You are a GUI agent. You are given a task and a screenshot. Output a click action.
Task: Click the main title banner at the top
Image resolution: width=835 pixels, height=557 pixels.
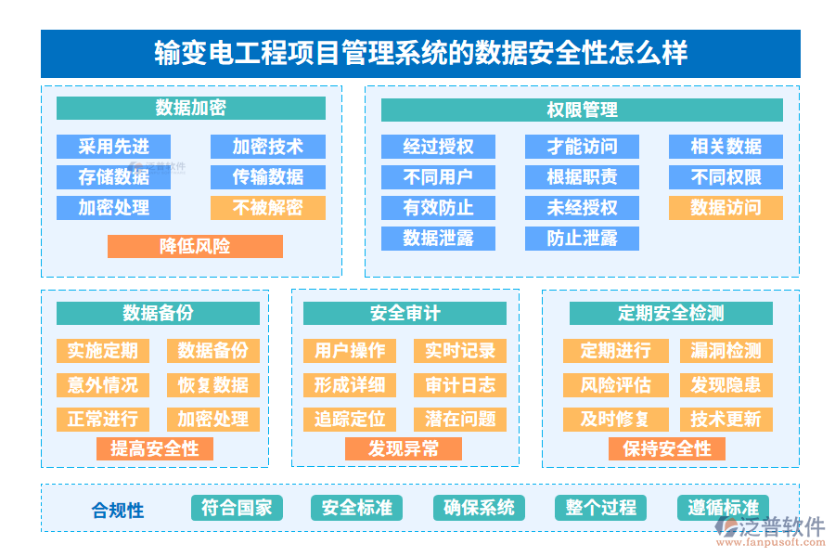click(419, 53)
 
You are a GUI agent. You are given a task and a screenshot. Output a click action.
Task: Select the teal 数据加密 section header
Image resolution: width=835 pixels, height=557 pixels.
click(190, 109)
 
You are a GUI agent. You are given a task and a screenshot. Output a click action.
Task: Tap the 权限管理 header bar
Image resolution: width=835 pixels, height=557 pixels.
click(582, 110)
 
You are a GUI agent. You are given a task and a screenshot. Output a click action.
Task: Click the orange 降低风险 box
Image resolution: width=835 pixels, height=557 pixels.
click(195, 246)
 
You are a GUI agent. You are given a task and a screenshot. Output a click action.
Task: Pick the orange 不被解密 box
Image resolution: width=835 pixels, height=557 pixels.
click(267, 207)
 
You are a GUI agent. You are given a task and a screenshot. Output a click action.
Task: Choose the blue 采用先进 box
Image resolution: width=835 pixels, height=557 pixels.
click(113, 147)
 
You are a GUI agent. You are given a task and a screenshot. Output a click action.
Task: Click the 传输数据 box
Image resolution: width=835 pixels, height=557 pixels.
click(267, 176)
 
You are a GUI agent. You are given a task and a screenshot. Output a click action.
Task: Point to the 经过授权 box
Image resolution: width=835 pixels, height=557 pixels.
click(438, 147)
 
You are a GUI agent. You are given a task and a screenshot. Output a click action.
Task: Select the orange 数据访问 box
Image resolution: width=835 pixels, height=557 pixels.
click(726, 207)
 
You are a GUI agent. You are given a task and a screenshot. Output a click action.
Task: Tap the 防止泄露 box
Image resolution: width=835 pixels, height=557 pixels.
click(582, 238)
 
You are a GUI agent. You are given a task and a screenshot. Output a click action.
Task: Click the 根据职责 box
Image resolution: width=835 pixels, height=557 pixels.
click(582, 176)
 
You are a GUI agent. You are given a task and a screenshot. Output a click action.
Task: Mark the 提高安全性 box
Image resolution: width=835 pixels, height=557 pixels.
click(155, 449)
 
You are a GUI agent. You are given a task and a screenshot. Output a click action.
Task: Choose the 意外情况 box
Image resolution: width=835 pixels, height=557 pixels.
click(102, 385)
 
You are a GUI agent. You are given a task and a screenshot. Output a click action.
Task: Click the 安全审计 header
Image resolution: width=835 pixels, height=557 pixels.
click(405, 314)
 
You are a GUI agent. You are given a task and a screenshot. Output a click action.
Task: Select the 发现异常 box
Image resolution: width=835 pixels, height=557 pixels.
click(404, 449)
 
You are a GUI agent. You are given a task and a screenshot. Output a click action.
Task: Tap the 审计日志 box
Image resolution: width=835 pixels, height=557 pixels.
click(460, 385)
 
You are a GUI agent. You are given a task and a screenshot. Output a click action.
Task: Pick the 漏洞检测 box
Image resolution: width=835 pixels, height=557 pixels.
click(726, 351)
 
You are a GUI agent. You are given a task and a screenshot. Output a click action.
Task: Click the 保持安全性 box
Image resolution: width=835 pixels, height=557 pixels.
click(667, 449)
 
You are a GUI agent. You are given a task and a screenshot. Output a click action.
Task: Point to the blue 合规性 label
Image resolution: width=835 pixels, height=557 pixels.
click(118, 510)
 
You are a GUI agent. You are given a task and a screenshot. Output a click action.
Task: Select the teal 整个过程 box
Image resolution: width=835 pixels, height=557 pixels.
click(600, 508)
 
